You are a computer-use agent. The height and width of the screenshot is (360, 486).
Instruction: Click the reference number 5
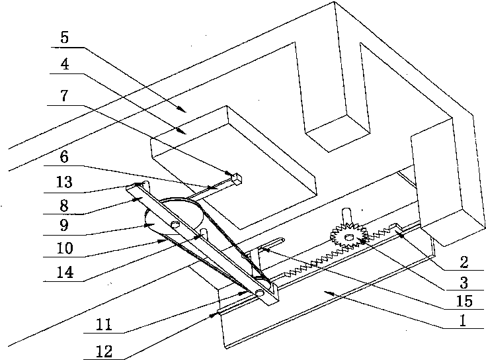pyautogui.click(x=65, y=37)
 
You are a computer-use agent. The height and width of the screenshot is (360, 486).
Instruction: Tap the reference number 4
pyautogui.click(x=65, y=64)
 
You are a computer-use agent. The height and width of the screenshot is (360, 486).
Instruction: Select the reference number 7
pyautogui.click(x=64, y=95)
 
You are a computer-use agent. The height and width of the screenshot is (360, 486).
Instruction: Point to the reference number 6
pyautogui.click(x=64, y=157)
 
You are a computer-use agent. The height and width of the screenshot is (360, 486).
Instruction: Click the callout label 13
pyautogui.click(x=64, y=182)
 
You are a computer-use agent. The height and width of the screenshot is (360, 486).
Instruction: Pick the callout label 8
pyautogui.click(x=64, y=205)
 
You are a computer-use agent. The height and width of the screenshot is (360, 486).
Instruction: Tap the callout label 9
pyautogui.click(x=64, y=225)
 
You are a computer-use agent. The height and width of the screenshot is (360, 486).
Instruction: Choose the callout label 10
pyautogui.click(x=65, y=248)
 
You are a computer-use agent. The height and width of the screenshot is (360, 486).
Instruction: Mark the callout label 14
pyautogui.click(x=65, y=272)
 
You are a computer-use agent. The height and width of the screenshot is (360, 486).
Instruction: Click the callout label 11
pyautogui.click(x=104, y=325)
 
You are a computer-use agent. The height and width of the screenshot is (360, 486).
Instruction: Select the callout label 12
pyautogui.click(x=104, y=351)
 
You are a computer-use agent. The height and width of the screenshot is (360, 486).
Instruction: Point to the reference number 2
pyautogui.click(x=464, y=262)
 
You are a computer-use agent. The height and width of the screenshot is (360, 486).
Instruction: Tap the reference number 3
pyautogui.click(x=464, y=283)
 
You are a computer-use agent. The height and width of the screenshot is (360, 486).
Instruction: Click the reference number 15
pyautogui.click(x=464, y=301)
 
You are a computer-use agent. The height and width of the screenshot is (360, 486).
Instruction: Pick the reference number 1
pyautogui.click(x=463, y=320)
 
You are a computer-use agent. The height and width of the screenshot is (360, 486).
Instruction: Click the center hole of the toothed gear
pyautogui.click(x=348, y=238)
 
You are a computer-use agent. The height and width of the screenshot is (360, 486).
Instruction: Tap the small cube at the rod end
pyautogui.click(x=237, y=179)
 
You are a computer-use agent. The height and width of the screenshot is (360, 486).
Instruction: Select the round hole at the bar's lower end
pyautogui.click(x=260, y=292)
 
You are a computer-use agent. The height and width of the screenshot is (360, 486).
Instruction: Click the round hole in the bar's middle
pyautogui.click(x=175, y=224)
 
